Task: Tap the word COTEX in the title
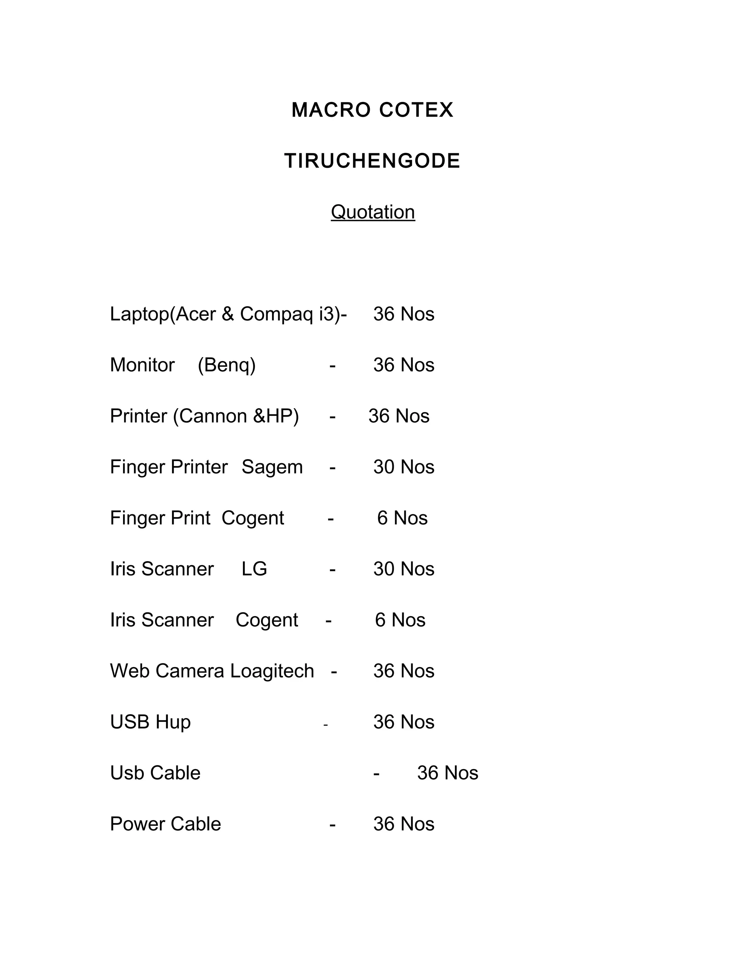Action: [x=416, y=110]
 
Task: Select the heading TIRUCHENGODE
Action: [x=372, y=161]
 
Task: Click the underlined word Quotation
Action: [x=373, y=212]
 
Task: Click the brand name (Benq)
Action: [x=227, y=365]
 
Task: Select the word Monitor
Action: [x=142, y=365]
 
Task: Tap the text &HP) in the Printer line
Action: [x=276, y=416]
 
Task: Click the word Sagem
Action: [x=272, y=468]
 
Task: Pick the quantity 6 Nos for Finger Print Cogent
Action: [x=402, y=518]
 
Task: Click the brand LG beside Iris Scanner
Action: [x=254, y=569]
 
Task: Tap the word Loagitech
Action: [x=272, y=671]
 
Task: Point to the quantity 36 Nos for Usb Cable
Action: [x=447, y=773]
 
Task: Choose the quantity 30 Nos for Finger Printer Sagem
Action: [x=404, y=467]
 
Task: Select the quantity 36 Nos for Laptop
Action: [x=404, y=314]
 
